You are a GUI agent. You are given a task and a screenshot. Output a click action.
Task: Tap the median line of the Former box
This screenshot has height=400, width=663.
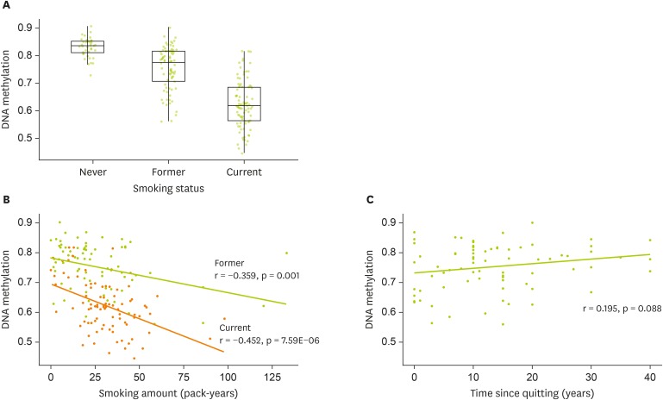167,63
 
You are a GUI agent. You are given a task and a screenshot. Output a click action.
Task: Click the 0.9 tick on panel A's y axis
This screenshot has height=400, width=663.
29,28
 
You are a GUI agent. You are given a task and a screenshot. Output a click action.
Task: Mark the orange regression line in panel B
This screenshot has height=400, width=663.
138,302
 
